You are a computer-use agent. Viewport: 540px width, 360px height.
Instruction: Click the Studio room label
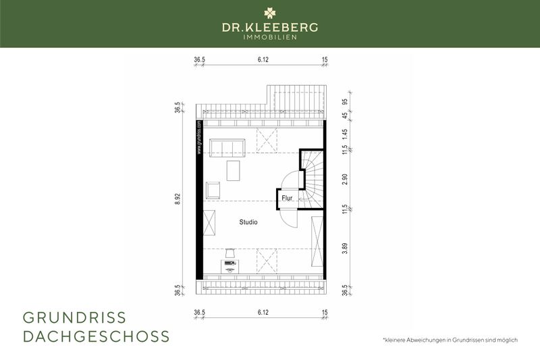pyautogui.click(x=248, y=222)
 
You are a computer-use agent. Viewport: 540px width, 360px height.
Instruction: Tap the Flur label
pyautogui.click(x=287, y=199)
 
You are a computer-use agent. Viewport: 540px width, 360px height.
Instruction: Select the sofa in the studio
pyautogui.click(x=227, y=147)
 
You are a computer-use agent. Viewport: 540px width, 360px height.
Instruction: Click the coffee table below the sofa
pyautogui.click(x=234, y=170)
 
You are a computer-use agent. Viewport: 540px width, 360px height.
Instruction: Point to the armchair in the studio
pyautogui.click(x=213, y=190)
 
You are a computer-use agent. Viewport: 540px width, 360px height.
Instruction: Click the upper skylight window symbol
pyautogui.click(x=267, y=142)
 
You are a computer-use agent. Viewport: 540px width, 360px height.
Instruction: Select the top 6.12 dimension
pyautogui.click(x=263, y=60)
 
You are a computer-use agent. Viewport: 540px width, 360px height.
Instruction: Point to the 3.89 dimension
pyautogui.click(x=345, y=247)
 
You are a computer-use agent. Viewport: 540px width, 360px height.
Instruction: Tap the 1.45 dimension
pyautogui.click(x=345, y=134)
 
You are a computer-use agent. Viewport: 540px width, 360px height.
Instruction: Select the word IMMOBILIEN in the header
pyautogui.click(x=270, y=36)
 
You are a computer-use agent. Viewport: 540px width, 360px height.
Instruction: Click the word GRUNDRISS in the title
pyautogui.click(x=74, y=317)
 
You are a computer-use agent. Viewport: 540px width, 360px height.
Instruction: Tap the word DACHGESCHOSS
pyautogui.click(x=96, y=336)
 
